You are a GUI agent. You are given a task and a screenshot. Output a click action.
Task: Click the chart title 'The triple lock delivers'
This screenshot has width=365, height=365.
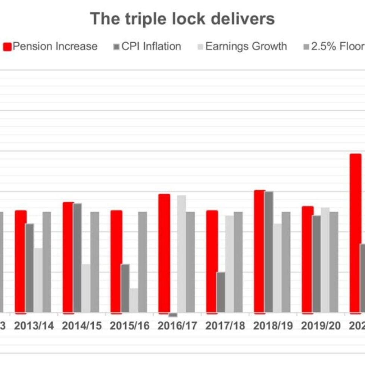[x=182, y=19]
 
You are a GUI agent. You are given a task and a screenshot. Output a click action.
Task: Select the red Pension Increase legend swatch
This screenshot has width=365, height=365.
[x=7, y=47]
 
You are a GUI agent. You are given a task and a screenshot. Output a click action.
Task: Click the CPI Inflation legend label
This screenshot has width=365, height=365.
[x=151, y=47]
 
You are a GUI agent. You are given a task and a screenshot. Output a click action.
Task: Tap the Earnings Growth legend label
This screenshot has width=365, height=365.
[x=246, y=47]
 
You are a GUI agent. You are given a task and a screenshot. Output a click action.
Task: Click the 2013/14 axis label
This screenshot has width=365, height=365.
[x=34, y=326]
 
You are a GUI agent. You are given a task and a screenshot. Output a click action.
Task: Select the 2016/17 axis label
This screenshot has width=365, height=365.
[x=177, y=326]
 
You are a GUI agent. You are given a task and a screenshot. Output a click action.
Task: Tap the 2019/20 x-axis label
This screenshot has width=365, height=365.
[x=321, y=326]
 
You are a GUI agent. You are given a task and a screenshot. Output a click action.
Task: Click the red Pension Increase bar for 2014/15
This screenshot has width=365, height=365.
[x=68, y=258]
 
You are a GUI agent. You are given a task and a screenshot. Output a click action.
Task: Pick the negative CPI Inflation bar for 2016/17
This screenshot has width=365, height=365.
[x=173, y=315]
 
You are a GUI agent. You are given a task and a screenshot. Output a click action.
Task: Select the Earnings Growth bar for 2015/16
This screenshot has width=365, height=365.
[x=134, y=300]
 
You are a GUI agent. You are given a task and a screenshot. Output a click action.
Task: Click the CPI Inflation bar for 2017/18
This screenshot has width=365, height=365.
[x=221, y=292]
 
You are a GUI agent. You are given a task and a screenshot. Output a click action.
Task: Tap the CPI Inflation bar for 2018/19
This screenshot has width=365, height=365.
[x=269, y=252]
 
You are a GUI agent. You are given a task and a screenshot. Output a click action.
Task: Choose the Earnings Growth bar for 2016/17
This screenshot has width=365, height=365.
[x=182, y=254]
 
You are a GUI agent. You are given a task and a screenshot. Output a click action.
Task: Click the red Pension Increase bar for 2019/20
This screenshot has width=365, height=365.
[x=307, y=259]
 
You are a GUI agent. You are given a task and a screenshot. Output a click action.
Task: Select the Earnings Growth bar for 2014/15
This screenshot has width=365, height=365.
[x=86, y=288]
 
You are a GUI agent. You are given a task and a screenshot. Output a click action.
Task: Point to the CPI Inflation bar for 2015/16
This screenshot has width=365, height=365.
[x=125, y=288]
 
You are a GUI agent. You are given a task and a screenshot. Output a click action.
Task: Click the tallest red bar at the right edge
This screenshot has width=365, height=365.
[x=355, y=233]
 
